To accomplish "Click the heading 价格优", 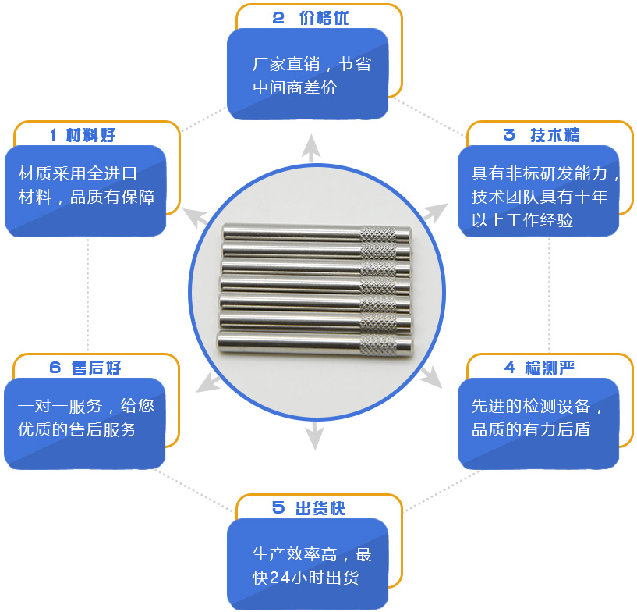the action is coord(324,18).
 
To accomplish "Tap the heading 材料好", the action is coord(90,135).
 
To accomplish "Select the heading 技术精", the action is coord(555,135).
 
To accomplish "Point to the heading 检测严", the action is coord(550,368).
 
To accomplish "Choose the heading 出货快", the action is coord(320,508).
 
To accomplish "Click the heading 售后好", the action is coord(96,368).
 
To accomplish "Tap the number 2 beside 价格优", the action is coord(278,18).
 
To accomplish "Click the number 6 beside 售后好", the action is coord(55,368).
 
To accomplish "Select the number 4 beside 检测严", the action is coord(509,368).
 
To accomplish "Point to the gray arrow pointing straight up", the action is coord(311,148).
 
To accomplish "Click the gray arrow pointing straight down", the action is coord(314,436).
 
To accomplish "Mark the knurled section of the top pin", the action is coord(378,235).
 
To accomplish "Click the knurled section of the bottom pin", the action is coord(378,347).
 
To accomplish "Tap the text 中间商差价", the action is coord(295,87).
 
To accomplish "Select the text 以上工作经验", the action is coord(522,220).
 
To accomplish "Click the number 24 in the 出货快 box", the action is coord(281,578).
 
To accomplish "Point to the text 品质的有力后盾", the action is coord(531,429).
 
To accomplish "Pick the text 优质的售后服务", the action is coord(77,429).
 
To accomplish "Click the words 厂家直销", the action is coord(286,64).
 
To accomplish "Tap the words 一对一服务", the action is coord(60,406).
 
